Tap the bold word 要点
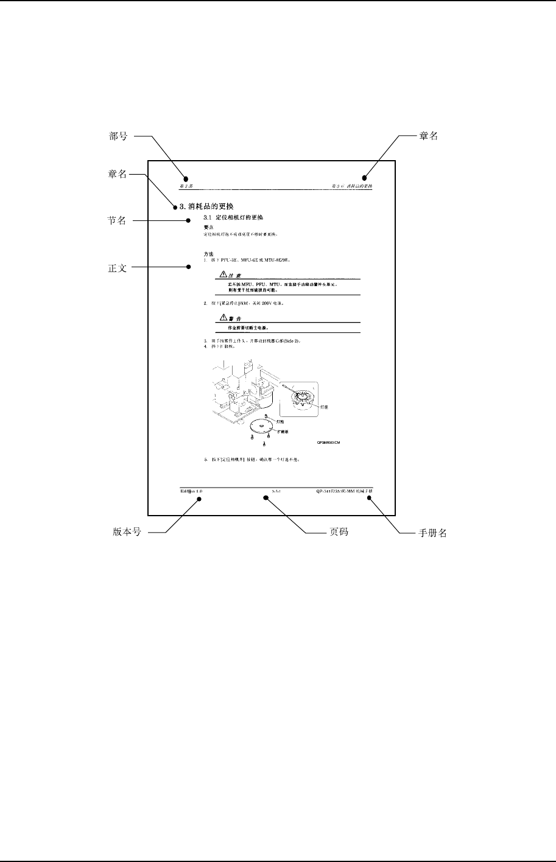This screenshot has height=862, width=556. click(208, 227)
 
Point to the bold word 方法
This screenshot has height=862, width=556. click(208, 253)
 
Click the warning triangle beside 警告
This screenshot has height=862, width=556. click(223, 318)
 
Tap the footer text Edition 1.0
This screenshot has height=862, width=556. click(191, 490)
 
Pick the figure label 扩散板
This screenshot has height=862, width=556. click(283, 430)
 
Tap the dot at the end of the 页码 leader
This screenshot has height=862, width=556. click(266, 497)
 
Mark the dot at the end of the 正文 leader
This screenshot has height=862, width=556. click(188, 267)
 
